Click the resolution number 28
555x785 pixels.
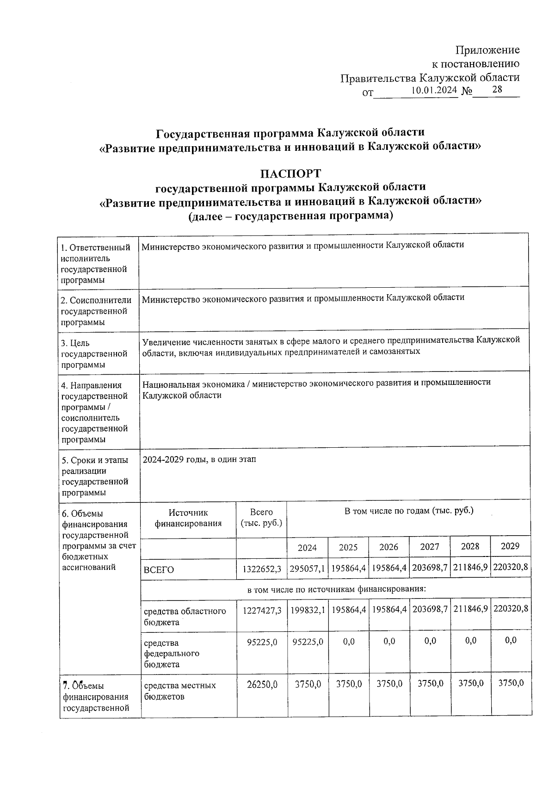[x=497, y=89]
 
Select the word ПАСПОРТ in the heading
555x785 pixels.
[x=290, y=173]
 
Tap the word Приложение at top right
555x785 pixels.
[x=487, y=50]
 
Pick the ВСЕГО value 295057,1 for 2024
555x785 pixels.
[x=307, y=569]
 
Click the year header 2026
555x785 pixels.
[x=388, y=547]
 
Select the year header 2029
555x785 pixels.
[x=510, y=546]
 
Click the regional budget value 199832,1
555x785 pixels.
[x=307, y=611]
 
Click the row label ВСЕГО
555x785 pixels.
[x=159, y=570]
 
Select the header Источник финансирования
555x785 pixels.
[x=188, y=518]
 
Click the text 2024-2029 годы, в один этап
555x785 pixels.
[x=199, y=459]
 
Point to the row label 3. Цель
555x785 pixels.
[x=76, y=343]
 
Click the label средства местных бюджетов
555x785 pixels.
[x=180, y=691]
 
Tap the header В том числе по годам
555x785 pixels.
[x=409, y=511]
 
